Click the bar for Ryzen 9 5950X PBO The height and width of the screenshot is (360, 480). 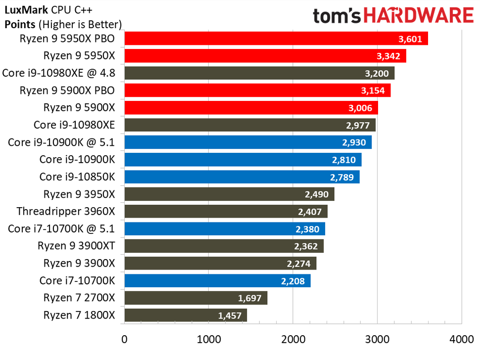point(276,39)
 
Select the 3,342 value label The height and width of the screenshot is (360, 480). point(388,56)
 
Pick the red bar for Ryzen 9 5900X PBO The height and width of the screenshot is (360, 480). point(257,90)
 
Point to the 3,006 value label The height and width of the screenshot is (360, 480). point(361,108)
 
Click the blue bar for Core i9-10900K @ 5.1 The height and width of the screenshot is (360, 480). point(247,142)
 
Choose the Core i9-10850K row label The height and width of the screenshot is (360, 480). point(77,177)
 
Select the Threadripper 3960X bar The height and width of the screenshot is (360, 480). point(226,212)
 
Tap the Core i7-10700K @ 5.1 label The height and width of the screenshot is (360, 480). point(61,228)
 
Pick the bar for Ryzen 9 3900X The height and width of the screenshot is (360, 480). point(220,263)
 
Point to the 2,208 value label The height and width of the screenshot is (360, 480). point(293,281)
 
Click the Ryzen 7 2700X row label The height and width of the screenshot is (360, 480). point(79,298)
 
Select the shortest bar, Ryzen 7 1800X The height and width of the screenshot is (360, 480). point(186,315)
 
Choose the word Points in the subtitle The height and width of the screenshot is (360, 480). point(19,23)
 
